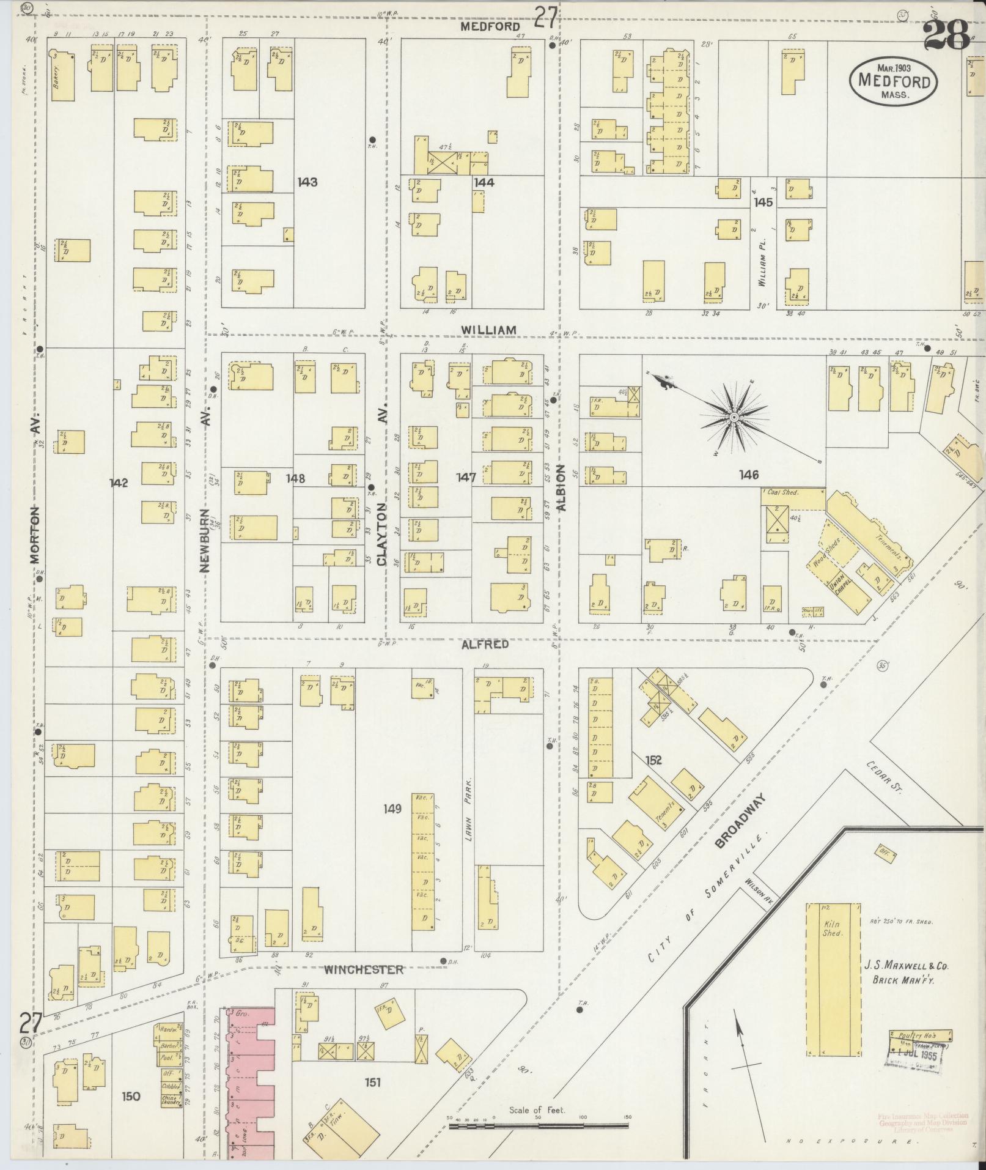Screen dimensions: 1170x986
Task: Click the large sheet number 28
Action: (945, 35)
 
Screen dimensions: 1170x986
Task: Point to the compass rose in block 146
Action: (733, 417)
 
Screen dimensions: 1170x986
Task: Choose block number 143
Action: (307, 182)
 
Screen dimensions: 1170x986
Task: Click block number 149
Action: (392, 809)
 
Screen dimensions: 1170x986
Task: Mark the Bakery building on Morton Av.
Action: (61, 76)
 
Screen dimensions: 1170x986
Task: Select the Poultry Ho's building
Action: (919, 1036)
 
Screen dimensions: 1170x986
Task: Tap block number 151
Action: (373, 1083)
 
